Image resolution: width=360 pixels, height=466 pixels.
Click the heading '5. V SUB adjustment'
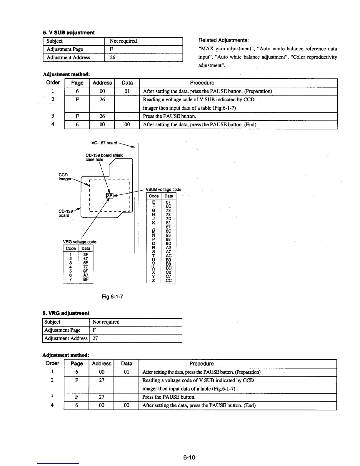[x=69, y=32]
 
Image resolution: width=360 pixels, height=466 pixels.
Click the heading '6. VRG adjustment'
[x=66, y=313]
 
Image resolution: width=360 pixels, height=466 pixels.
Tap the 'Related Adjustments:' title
[x=224, y=40]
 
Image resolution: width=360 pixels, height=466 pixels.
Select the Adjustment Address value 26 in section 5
[x=112, y=58]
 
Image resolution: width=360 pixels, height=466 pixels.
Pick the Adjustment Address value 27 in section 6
[x=95, y=338]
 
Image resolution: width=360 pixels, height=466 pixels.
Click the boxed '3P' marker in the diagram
[x=109, y=196]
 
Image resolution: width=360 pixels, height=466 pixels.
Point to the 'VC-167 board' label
[x=104, y=143]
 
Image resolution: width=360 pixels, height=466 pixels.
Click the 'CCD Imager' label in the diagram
[x=64, y=177]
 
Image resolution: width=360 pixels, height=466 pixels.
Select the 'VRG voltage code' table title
[x=80, y=242]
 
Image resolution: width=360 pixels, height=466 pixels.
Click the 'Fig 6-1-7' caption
[x=112, y=296]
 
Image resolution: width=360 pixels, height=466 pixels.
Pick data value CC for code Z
[x=169, y=281]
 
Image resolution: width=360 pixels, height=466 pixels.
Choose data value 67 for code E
[x=168, y=202]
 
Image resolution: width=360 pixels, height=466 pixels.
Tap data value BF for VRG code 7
[x=86, y=279]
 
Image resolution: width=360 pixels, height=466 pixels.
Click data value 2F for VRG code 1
[x=86, y=255]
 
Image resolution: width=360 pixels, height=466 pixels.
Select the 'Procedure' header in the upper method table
[x=202, y=83]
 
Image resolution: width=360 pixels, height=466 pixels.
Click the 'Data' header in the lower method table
[x=126, y=364]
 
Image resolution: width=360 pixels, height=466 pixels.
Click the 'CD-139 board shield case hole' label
[x=104, y=157]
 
